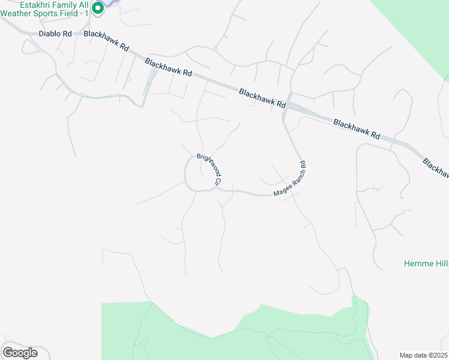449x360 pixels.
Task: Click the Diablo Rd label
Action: pyautogui.click(x=55, y=34)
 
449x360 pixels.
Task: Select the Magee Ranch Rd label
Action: pyautogui.click(x=291, y=180)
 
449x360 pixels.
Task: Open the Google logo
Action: pyautogui.click(x=20, y=353)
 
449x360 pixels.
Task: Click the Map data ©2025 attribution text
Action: pyautogui.click(x=423, y=355)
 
